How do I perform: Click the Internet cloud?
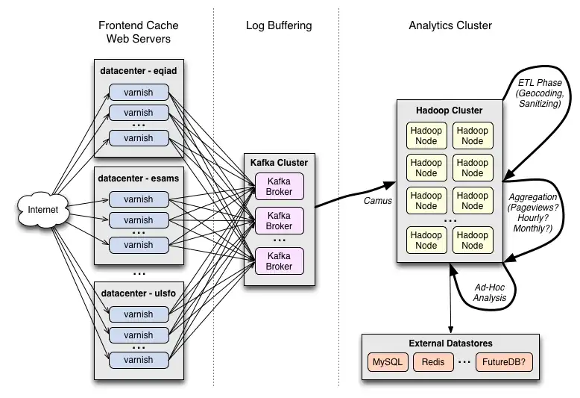click(x=42, y=210)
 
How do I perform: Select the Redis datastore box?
click(x=433, y=362)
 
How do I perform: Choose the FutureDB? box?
click(x=505, y=362)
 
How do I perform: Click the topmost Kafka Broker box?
click(x=279, y=186)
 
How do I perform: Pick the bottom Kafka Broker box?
click(x=279, y=261)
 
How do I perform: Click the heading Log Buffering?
click(x=279, y=25)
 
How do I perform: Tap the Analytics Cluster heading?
click(x=450, y=25)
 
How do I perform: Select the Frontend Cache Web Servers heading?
click(x=139, y=31)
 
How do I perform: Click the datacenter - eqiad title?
click(x=138, y=72)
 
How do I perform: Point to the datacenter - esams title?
click(x=139, y=179)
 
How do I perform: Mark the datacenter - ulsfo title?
click(x=138, y=293)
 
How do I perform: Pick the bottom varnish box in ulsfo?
click(x=138, y=359)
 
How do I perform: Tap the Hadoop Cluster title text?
click(x=449, y=111)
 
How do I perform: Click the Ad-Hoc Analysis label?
click(x=489, y=292)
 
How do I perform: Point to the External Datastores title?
click(x=450, y=343)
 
